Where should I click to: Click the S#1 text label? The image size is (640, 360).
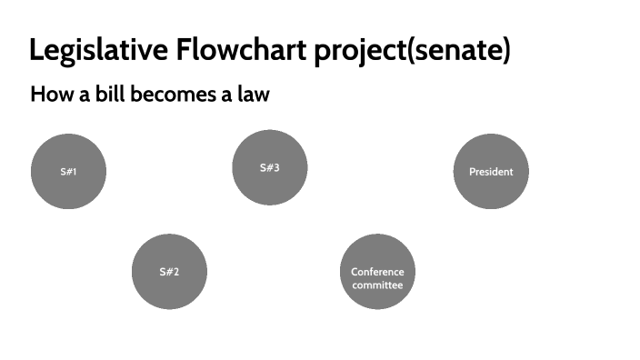pyautogui.click(x=68, y=172)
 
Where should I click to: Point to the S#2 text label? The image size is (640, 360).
pyautogui.click(x=169, y=272)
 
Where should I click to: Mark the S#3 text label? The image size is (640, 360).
pyautogui.click(x=269, y=168)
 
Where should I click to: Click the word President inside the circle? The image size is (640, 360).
pyautogui.click(x=491, y=172)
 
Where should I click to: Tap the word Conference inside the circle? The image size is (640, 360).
pyautogui.click(x=377, y=272)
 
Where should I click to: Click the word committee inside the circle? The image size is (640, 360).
pyautogui.click(x=377, y=285)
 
